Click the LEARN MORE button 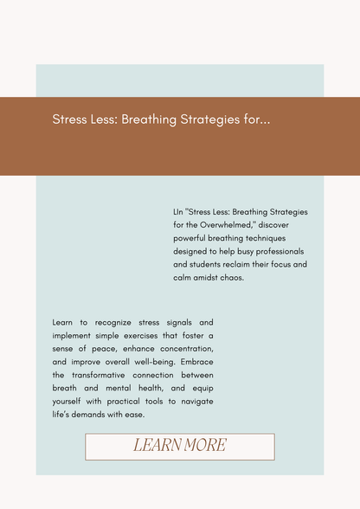coord(179,446)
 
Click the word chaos coord(229,278)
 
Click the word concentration coord(174,348)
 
